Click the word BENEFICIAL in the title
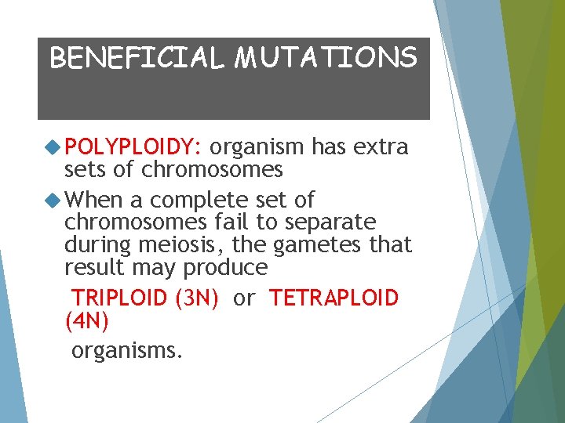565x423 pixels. (136, 58)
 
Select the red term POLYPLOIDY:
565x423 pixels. (134, 147)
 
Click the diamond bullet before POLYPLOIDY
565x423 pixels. (53, 146)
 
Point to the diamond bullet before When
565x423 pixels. (53, 200)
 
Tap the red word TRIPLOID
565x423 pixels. (119, 298)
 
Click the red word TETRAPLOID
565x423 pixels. (334, 298)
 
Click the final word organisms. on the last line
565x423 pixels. (127, 350)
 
